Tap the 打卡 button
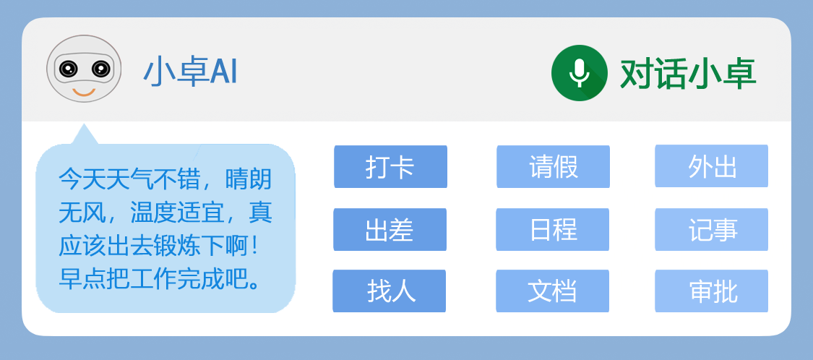pos(390,166)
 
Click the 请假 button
pos(554,166)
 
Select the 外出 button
pos(711,166)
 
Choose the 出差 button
pos(390,229)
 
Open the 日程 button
pos(553,229)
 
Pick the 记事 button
pos(711,229)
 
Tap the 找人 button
pos(390,291)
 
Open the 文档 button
pos(553,291)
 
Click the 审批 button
pos(711,291)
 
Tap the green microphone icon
pos(579,72)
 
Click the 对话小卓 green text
pos(688,74)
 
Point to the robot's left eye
pos(67,69)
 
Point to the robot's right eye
pos(100,69)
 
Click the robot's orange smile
pos(84,93)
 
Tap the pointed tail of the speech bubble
pos(84,124)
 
